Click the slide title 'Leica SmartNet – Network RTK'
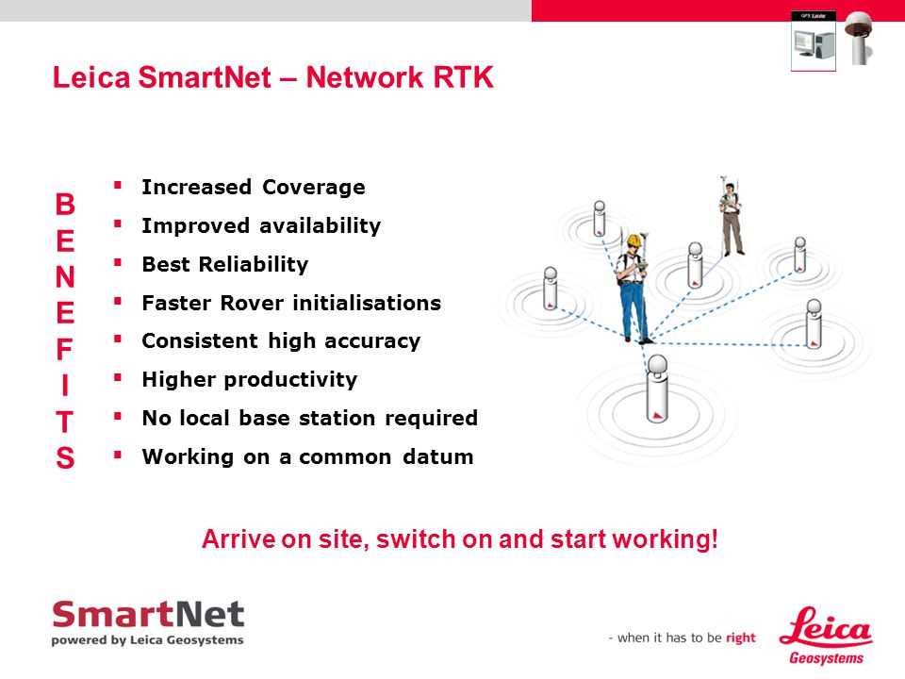tap(272, 77)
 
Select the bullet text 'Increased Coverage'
tap(253, 187)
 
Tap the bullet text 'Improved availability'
tap(261, 225)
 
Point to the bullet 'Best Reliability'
tap(224, 264)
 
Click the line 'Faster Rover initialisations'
tap(290, 303)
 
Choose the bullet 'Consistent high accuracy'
tap(280, 340)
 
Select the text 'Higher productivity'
tap(249, 379)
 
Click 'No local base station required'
tap(309, 418)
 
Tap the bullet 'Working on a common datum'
tap(307, 457)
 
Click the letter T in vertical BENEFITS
tap(64, 421)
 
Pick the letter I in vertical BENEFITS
tap(64, 386)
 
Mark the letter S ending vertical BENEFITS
tap(64, 456)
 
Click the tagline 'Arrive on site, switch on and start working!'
tap(460, 541)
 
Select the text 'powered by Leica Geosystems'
tap(148, 639)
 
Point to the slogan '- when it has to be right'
tap(682, 638)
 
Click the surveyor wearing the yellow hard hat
tap(633, 288)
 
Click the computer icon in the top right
tap(813, 42)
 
